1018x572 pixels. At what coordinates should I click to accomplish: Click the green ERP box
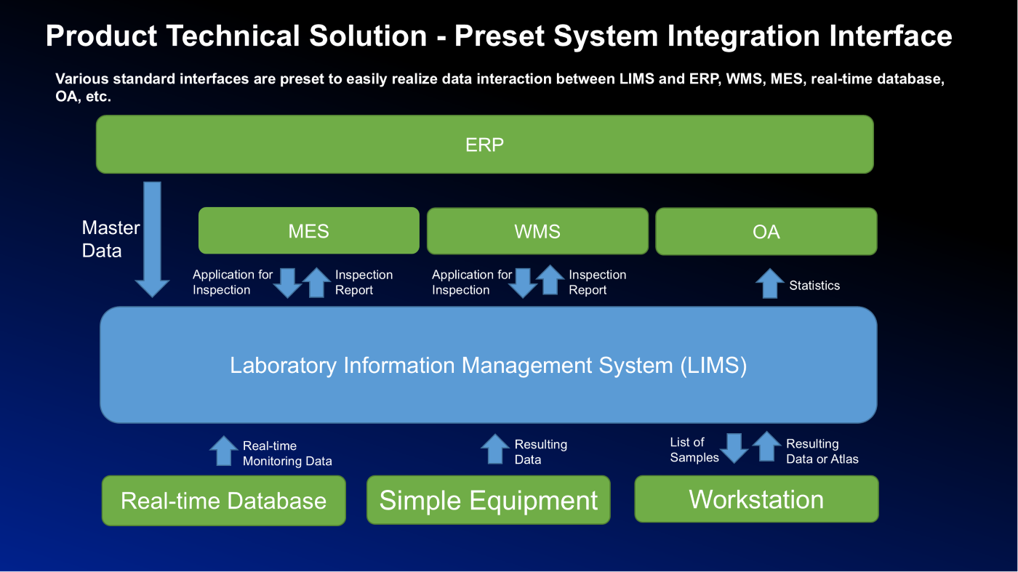point(484,145)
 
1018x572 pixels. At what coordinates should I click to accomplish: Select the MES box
point(308,231)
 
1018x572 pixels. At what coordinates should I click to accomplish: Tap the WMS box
point(537,231)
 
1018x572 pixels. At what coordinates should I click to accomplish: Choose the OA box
point(766,232)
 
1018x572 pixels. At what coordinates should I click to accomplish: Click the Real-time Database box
point(224,501)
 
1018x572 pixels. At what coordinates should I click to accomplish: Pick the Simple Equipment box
point(489,500)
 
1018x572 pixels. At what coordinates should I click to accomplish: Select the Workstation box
point(756,499)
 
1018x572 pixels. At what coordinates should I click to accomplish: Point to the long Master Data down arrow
point(152,239)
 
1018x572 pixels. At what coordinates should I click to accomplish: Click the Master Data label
point(111,239)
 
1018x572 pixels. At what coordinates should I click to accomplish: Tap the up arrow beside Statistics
point(770,283)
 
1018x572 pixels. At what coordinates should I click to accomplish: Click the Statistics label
point(814,286)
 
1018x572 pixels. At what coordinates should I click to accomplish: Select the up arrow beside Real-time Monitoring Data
point(224,451)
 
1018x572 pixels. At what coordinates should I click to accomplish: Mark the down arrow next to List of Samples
point(734,448)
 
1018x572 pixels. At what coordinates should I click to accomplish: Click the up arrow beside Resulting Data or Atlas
point(767,446)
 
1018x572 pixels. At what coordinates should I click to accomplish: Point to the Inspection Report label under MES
point(364,282)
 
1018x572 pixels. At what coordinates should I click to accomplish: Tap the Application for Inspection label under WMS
point(472,282)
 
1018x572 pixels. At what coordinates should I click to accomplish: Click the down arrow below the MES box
point(288,283)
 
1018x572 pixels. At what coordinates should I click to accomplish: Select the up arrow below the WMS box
point(550,280)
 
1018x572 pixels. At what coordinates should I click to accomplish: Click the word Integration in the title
point(744,36)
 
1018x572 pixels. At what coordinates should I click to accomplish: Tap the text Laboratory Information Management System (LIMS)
point(488,366)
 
